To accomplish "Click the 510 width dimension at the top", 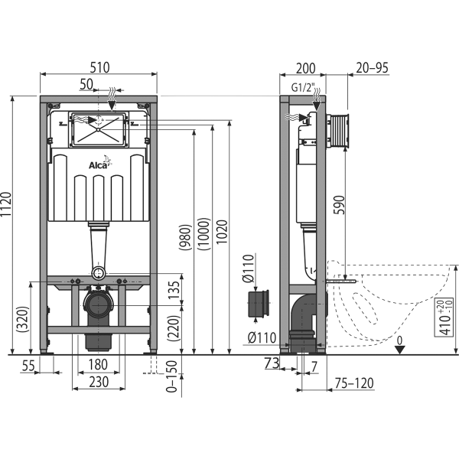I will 99,67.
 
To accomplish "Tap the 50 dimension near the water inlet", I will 86,82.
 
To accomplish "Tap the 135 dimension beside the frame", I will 174,289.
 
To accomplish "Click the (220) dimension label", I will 174,329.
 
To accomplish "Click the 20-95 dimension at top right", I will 373,67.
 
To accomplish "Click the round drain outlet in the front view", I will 98,308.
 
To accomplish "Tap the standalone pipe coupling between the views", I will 260,304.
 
